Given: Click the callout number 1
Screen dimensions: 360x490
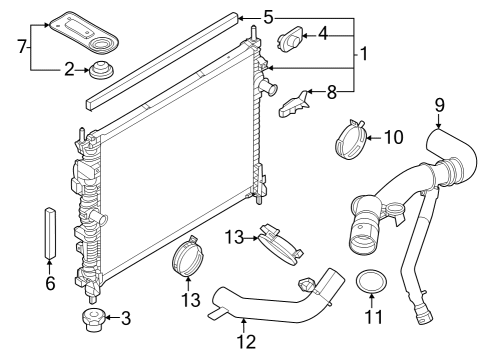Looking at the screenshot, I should click(x=365, y=52).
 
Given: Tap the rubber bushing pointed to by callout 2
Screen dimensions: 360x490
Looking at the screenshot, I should click(x=100, y=72).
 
